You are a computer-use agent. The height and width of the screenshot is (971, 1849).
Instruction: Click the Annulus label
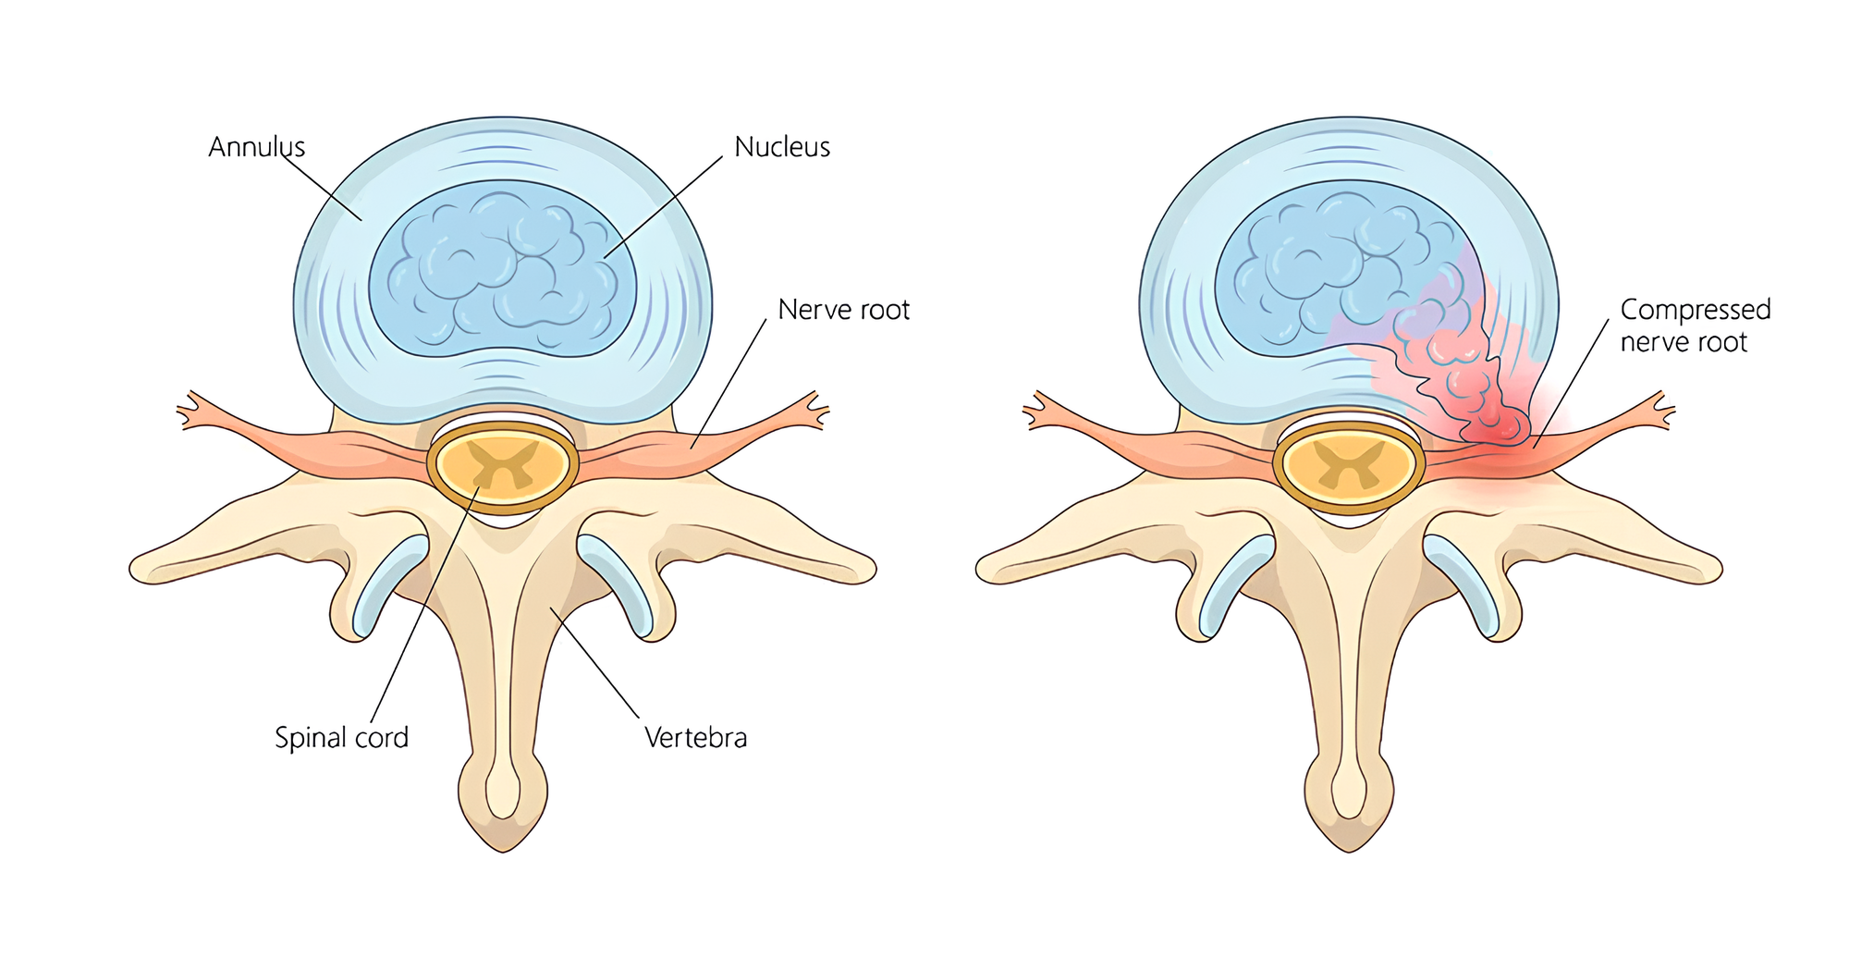256,147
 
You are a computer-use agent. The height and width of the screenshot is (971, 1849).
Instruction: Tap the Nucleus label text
782,147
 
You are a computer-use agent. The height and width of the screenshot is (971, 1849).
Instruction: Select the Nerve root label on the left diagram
843,310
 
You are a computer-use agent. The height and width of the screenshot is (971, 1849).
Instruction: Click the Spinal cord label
341,738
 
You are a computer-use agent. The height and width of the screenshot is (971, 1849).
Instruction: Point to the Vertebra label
695,738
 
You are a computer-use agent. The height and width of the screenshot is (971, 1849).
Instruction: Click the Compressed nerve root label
1695,326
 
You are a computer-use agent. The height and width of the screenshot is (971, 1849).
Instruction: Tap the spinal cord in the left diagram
503,465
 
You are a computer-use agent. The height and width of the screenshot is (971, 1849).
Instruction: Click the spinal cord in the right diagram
1349,465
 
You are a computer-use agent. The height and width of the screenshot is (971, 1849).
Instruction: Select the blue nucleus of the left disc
502,268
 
